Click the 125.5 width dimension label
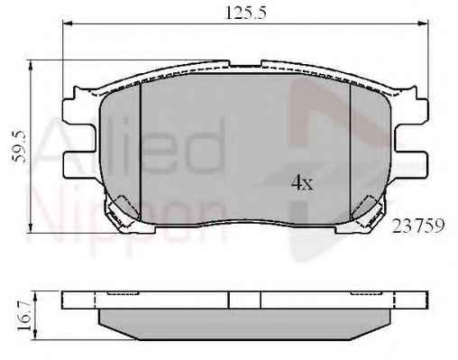(246, 13)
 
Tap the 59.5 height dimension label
(20, 147)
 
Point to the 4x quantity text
(302, 182)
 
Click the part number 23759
(418, 226)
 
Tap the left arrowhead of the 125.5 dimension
(68, 23)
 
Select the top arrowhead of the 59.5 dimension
(30, 65)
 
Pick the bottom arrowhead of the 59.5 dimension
(30, 227)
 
